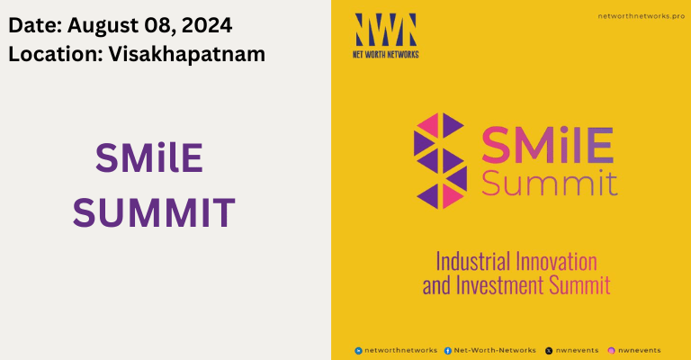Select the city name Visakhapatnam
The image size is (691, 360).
pyautogui.click(x=187, y=53)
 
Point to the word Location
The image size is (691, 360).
pyautogui.click(x=55, y=53)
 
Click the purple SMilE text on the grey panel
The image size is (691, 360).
pyautogui.click(x=149, y=160)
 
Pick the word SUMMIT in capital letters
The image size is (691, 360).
pyautogui.click(x=154, y=213)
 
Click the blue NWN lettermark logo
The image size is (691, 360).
pyautogui.click(x=385, y=31)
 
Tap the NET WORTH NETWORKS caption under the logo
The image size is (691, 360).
pyautogui.click(x=385, y=54)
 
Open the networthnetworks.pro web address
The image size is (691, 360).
pyautogui.click(x=634, y=16)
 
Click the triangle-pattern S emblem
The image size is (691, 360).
pyautogui.click(x=439, y=160)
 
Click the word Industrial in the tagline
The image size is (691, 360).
pyautogui.click(x=472, y=262)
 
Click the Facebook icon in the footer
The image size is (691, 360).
pyautogui.click(x=448, y=350)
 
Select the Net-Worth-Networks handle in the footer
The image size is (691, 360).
pyautogui.click(x=495, y=350)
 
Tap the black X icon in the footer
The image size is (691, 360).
pyautogui.click(x=549, y=350)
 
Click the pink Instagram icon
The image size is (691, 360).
pyautogui.click(x=611, y=350)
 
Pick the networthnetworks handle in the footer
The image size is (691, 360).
pyautogui.click(x=401, y=350)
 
